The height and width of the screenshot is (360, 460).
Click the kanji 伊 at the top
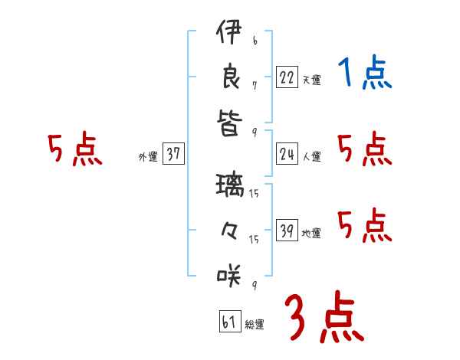(229, 34)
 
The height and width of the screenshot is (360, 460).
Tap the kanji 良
(229, 78)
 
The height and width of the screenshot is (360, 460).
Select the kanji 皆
(229, 122)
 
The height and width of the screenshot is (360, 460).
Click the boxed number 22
(287, 77)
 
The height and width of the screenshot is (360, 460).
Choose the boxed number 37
(173, 155)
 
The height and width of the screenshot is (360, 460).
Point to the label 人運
(311, 157)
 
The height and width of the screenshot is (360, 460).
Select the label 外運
(148, 157)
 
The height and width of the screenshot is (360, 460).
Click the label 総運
(255, 325)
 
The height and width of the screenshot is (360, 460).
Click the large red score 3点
(324, 317)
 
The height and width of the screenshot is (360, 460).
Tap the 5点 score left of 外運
(74, 149)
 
